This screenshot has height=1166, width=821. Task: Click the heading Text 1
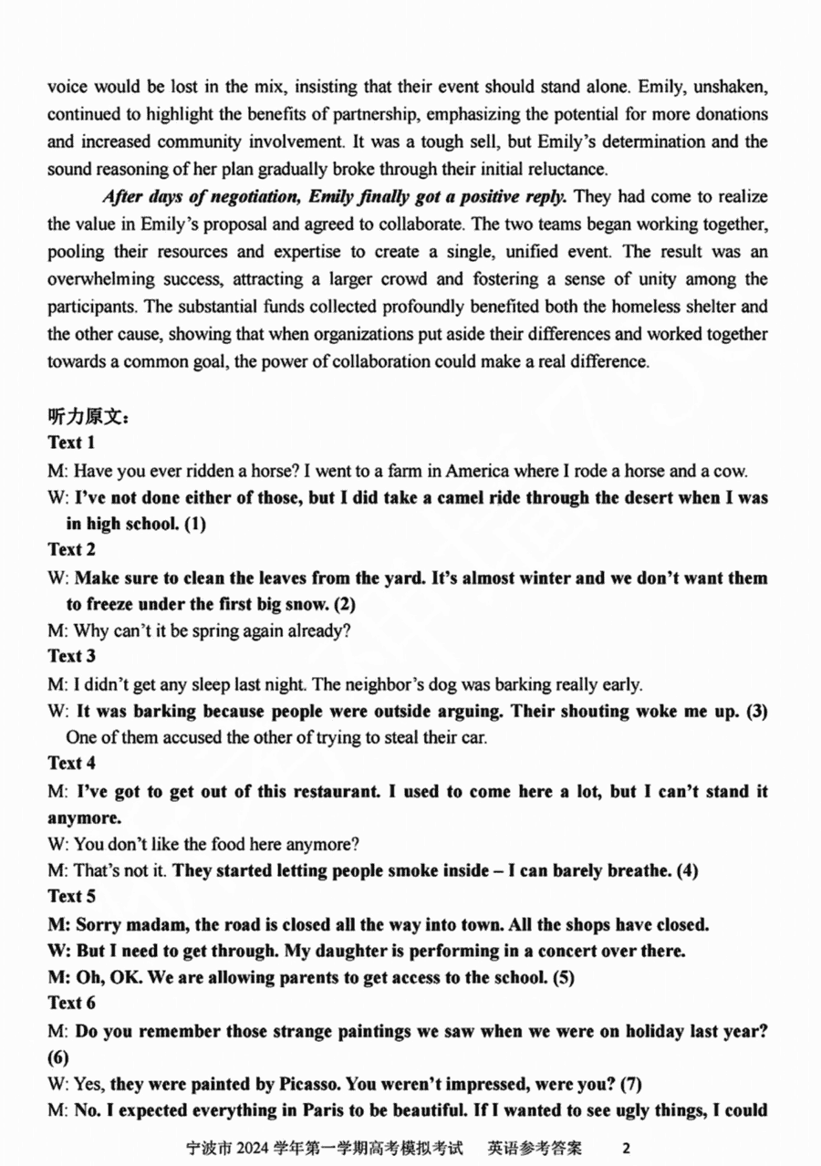coord(71,443)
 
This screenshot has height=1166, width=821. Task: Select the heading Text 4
coord(71,763)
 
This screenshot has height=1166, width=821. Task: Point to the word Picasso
coord(307,1086)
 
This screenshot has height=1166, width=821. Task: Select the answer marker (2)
coord(344,604)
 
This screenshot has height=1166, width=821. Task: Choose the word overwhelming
coord(102,279)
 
